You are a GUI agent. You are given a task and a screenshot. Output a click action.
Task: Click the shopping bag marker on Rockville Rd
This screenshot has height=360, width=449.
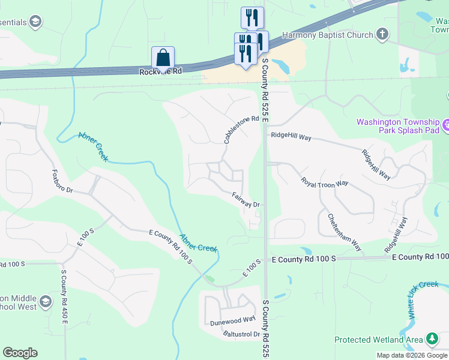pos(163,58)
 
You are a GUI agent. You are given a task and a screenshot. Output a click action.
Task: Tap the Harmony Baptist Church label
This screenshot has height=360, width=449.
pos(331,35)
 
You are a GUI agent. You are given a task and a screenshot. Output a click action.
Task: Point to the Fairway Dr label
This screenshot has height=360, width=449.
pos(246,200)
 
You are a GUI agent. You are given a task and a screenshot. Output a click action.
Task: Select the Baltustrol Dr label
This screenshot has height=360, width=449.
pos(241,334)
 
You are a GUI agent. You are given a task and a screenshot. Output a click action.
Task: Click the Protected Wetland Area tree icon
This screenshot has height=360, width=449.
pos(432,340)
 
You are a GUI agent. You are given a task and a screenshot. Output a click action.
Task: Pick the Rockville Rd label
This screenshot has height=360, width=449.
pos(160,71)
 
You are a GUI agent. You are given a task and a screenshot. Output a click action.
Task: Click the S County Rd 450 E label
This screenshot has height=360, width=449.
pos(64,296)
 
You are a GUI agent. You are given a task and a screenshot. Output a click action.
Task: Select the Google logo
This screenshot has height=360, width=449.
pos(20,353)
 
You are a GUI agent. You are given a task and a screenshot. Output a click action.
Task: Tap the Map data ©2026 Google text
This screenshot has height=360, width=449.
pos(412,355)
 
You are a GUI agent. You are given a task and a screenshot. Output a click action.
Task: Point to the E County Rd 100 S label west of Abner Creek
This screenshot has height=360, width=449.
pos(170,246)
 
